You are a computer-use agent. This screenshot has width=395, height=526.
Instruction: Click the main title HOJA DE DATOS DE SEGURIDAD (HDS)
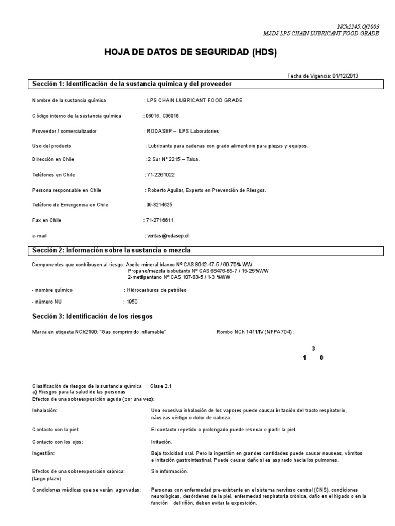tap(190, 53)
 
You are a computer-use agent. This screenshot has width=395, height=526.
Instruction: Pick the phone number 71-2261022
tap(160, 175)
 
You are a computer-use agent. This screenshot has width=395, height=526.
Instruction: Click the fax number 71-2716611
tap(159, 220)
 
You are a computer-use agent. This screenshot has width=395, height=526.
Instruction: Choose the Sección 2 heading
tap(112, 250)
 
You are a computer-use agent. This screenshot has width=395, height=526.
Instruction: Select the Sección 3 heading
tap(93, 316)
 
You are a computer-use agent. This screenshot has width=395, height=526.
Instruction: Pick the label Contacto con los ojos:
tap(58, 442)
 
